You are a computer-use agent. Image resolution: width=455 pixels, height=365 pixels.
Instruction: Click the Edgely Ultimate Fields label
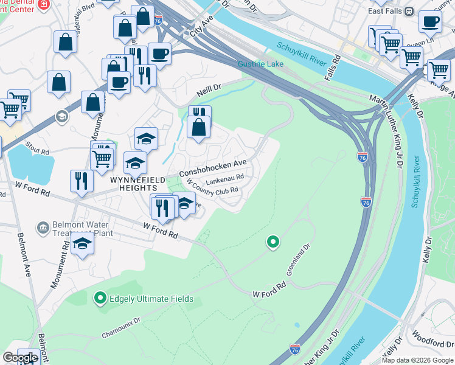151,299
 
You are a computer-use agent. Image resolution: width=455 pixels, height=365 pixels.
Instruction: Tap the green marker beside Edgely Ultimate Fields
100,298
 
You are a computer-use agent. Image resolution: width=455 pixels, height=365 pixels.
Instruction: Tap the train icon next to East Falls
409,11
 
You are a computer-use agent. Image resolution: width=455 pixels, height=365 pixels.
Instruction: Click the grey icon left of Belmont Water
42,228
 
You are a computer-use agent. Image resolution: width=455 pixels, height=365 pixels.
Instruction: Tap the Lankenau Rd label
224,179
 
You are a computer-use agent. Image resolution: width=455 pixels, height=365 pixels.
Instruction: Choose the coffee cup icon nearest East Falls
429,23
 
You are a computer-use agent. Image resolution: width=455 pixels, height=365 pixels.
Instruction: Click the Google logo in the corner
21,358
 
